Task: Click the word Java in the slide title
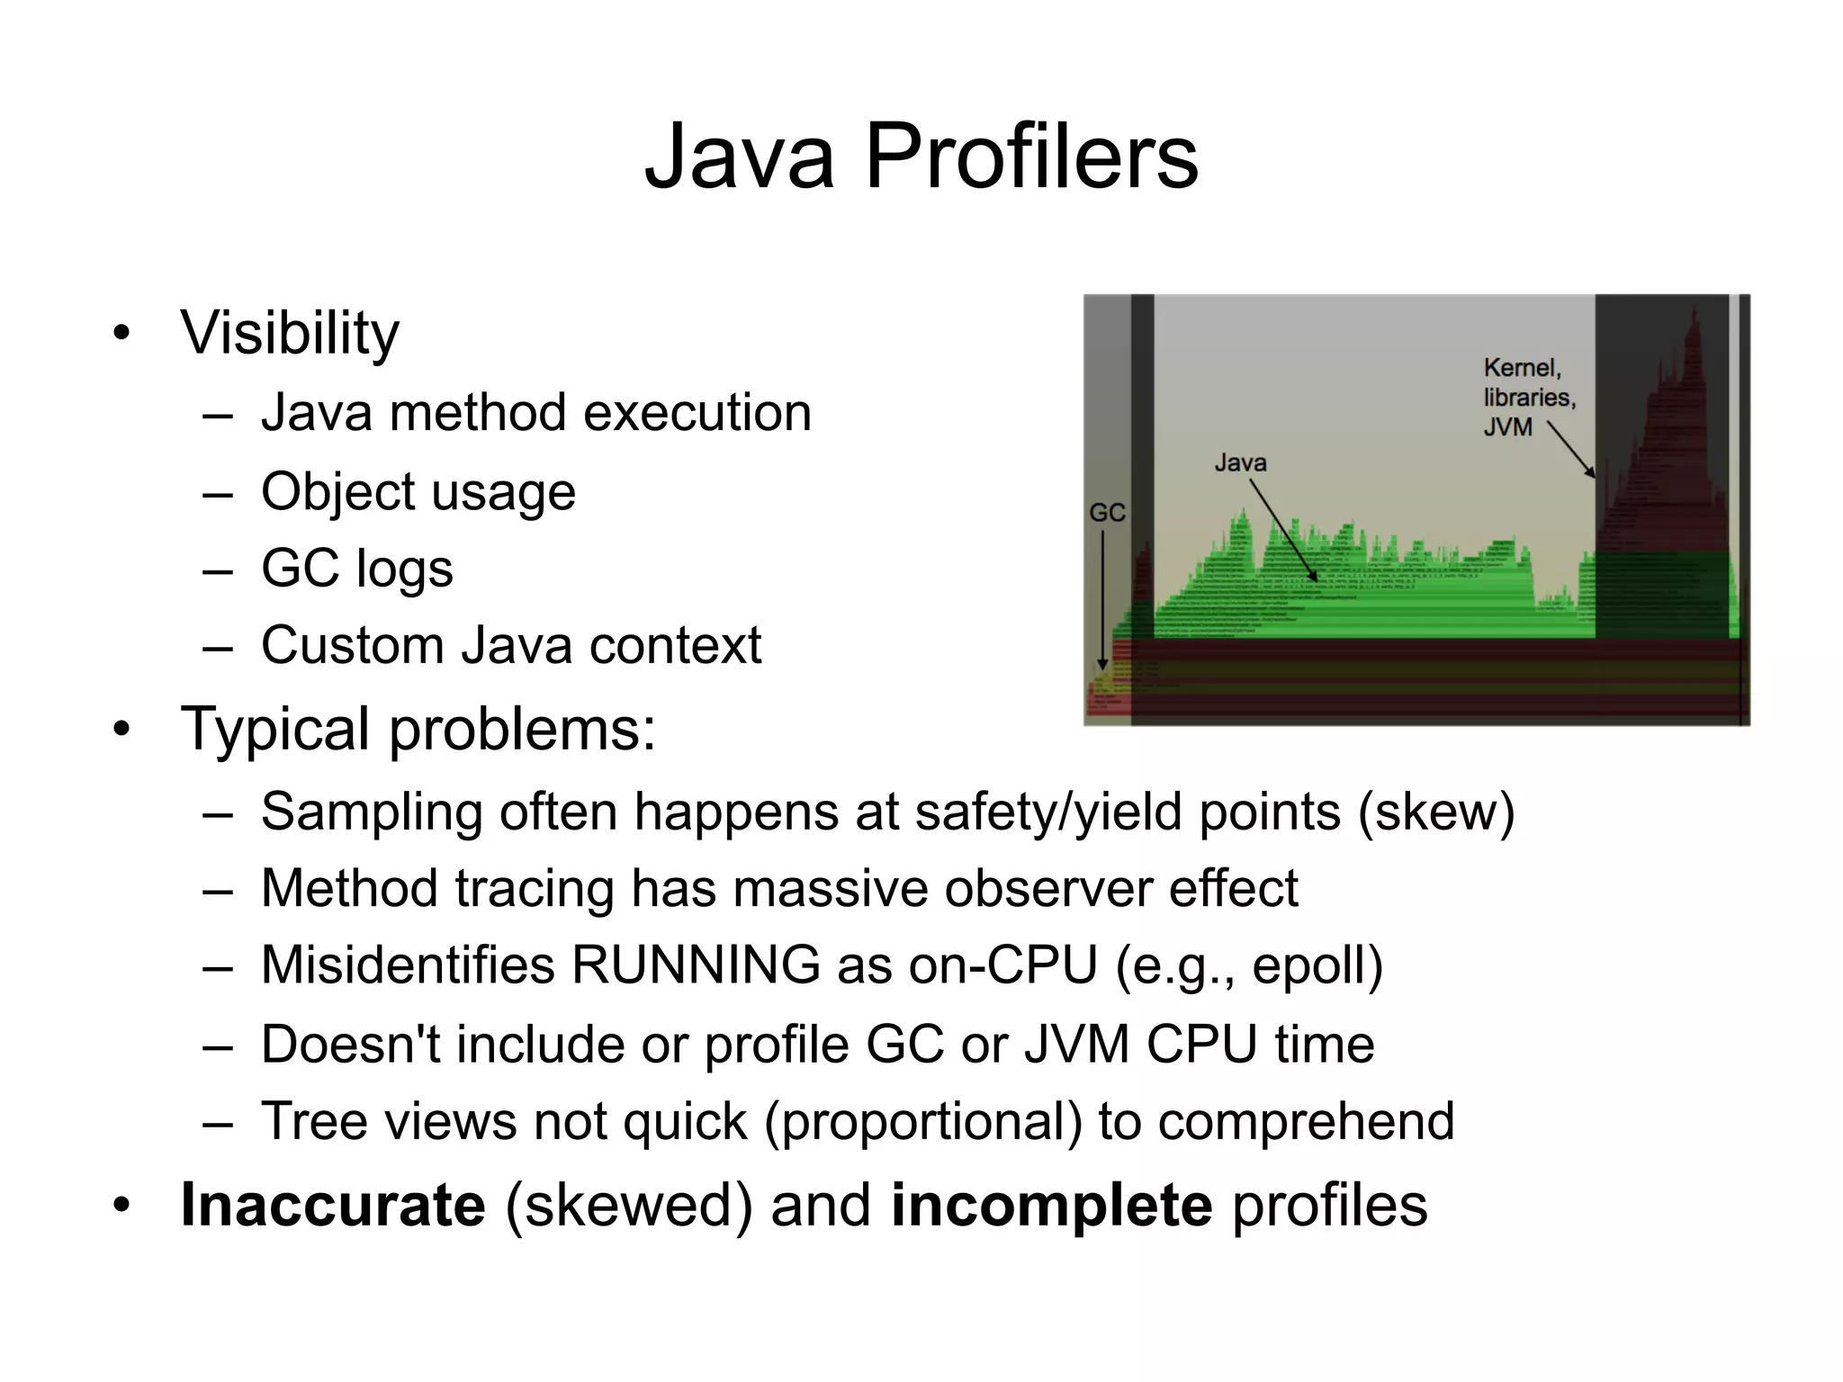click(740, 157)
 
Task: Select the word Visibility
click(289, 333)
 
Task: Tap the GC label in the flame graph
click(1107, 513)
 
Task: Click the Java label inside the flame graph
click(1240, 462)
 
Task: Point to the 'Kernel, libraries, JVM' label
click(1528, 397)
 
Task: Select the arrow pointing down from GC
click(1102, 598)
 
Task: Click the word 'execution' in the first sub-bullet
click(697, 413)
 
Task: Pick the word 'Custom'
click(352, 645)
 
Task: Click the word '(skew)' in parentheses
click(1436, 812)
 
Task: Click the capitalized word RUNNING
click(696, 965)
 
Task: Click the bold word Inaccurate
click(333, 1205)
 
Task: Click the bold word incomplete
click(1051, 1205)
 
